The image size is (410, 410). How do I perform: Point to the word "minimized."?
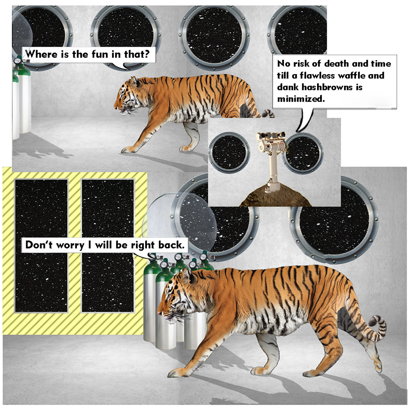301,99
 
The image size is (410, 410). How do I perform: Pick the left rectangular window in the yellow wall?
41,246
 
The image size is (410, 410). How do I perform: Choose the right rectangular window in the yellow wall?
108,246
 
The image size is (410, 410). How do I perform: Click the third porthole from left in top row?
215,35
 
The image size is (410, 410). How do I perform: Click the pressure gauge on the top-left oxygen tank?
18,60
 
